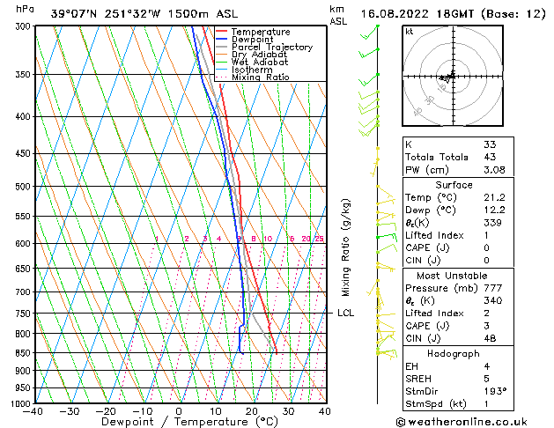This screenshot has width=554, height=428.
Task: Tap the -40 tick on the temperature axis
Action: click(x=34, y=410)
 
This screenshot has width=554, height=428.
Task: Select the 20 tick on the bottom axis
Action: click(x=251, y=410)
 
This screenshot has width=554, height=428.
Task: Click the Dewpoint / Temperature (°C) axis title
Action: click(x=179, y=422)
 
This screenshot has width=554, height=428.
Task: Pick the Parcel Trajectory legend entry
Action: click(x=271, y=48)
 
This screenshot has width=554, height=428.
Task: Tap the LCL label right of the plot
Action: click(x=346, y=314)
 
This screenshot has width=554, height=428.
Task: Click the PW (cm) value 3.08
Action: click(x=491, y=170)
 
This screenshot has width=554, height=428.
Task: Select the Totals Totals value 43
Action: click(x=489, y=157)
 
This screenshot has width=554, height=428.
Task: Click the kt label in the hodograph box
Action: click(x=410, y=32)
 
